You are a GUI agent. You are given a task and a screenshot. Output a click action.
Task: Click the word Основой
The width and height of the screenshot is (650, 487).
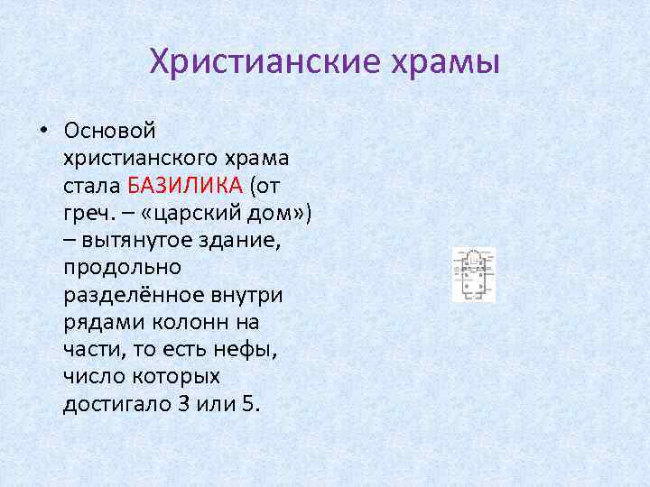coord(109,132)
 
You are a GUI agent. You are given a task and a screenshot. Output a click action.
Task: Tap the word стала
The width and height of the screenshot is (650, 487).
coord(92,186)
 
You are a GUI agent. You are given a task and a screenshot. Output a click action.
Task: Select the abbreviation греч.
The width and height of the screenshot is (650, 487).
coord(88,215)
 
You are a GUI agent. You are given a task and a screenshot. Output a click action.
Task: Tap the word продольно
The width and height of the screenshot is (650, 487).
coord(122,268)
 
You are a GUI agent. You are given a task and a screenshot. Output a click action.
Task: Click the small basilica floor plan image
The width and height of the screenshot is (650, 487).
coord(474,275)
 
